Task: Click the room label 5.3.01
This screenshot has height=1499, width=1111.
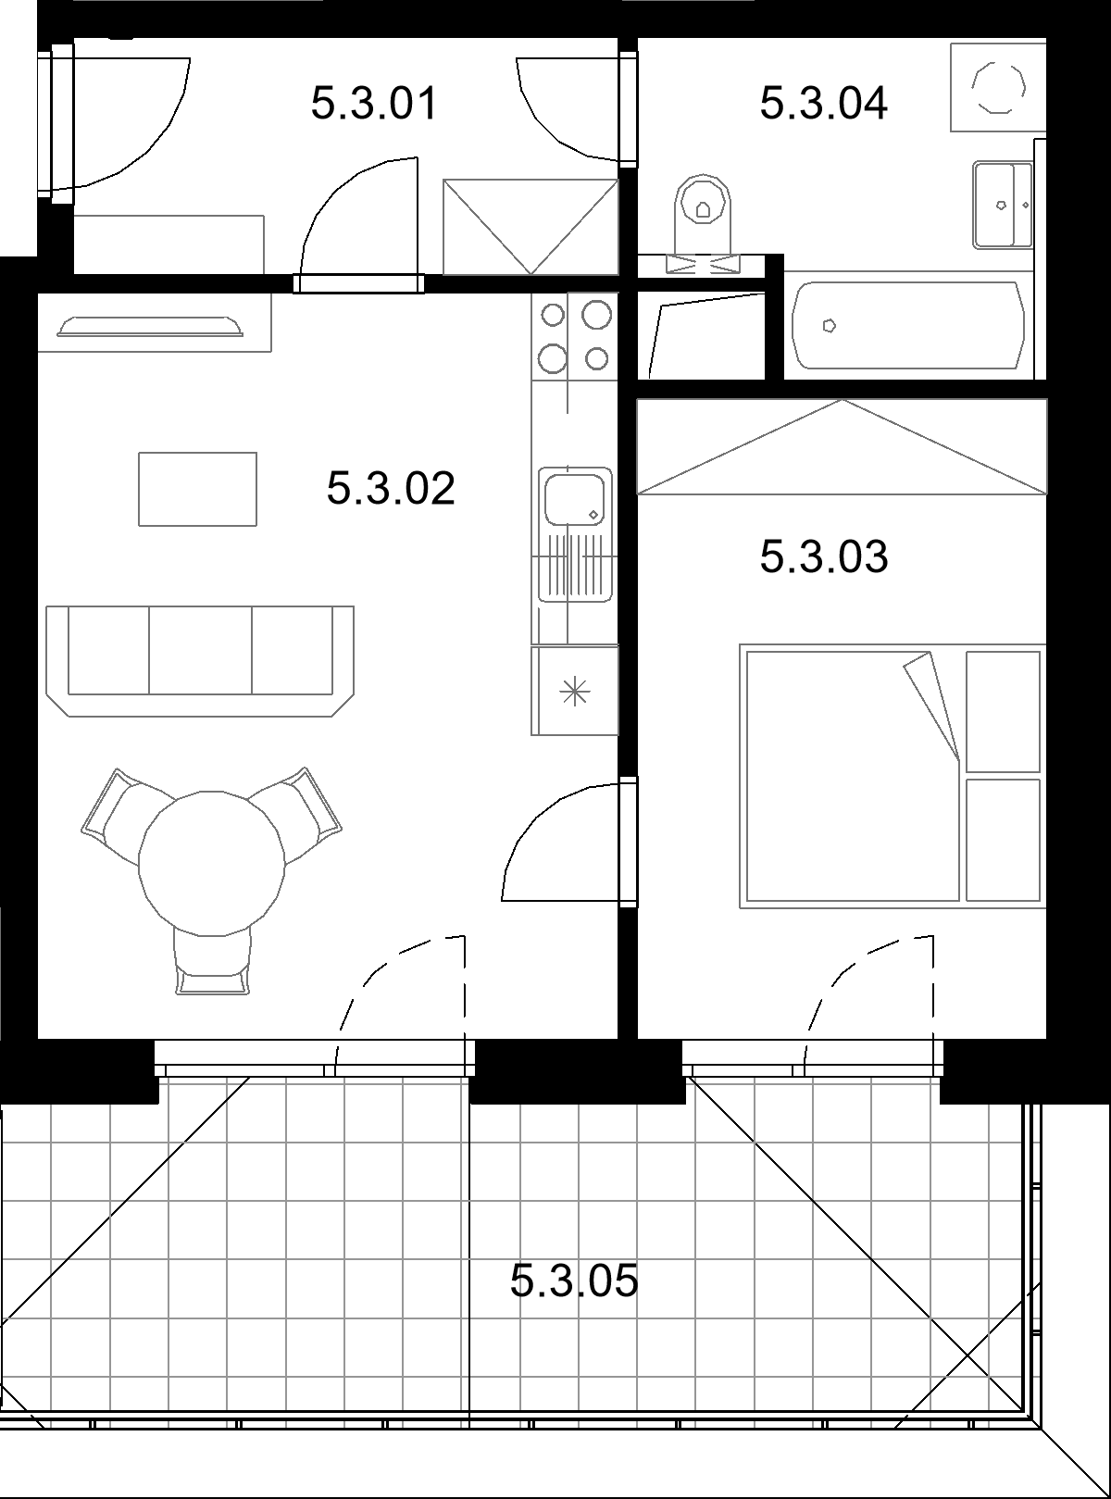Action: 374,104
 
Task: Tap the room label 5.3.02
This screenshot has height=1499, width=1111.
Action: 391,488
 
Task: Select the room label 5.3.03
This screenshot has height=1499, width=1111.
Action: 824,556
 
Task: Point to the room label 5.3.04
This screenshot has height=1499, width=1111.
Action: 824,104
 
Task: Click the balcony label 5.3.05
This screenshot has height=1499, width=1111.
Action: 574,1280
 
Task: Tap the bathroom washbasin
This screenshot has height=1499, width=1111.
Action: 1003,204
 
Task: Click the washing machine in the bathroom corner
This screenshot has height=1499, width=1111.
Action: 997,87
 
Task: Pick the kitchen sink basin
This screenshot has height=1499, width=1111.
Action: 574,499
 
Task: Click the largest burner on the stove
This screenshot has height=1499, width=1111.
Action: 596,314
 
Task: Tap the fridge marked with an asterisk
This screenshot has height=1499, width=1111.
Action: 574,691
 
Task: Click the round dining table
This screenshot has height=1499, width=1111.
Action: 211,864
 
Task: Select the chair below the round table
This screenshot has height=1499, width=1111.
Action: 212,962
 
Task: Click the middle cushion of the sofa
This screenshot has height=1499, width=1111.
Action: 200,650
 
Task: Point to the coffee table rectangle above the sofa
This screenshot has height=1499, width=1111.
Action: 197,489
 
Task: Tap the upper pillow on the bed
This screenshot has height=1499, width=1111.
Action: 1003,711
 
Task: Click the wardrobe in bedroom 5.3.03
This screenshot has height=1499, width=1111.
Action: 842,446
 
